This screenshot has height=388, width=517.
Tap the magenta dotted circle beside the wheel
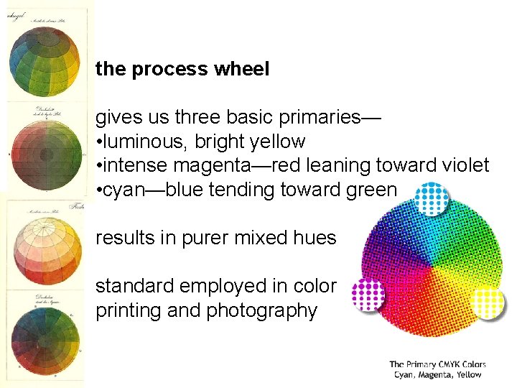368,294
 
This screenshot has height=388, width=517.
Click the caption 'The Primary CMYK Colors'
437,364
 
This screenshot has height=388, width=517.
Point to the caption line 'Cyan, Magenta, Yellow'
437,374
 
